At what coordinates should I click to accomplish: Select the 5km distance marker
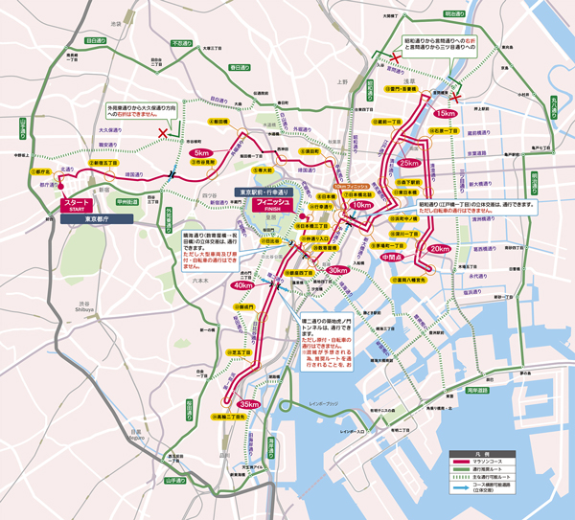(x=201, y=153)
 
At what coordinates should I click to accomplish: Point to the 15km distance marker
(x=448, y=113)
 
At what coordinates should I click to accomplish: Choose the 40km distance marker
(x=241, y=285)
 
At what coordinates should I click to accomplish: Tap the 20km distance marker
(x=439, y=249)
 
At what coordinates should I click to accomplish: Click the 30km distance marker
(x=336, y=271)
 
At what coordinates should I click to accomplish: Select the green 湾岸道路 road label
(x=478, y=391)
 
